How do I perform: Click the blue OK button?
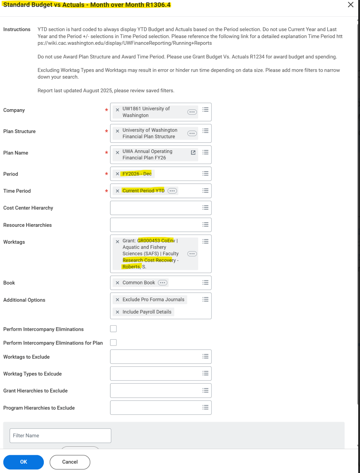pos(23,462)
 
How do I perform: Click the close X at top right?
pos(351,5)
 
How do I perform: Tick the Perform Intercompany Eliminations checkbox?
pos(113,329)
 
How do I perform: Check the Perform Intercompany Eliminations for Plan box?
pos(113,342)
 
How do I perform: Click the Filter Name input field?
pos(60,435)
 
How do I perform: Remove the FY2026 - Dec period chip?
pos(117,174)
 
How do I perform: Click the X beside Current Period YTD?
pos(117,191)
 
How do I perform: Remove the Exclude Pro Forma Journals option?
pos(117,300)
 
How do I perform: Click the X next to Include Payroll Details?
pos(117,312)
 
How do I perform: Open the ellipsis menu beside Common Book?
pos(162,283)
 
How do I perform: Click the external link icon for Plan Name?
pos(193,153)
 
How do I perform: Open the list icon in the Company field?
pos(205,109)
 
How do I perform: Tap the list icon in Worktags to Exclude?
pos(205,356)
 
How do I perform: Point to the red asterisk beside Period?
pos(106,174)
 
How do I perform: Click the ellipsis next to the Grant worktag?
pos(192,254)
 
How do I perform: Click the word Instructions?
pos(17,29)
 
